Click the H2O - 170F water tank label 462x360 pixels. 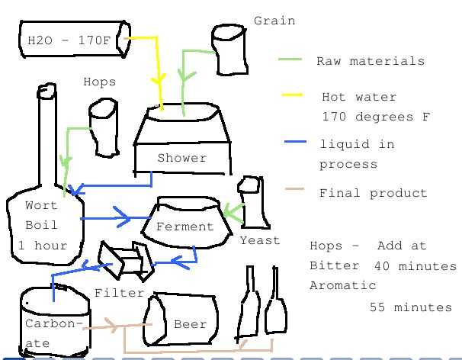pos(69,40)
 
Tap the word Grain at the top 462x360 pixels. pos(274,21)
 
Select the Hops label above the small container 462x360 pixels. pos(100,82)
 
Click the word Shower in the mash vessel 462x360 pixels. pos(181,158)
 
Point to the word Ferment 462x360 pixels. pos(184,227)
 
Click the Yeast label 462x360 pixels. pos(260,240)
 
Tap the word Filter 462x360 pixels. pos(120,292)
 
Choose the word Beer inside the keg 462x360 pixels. pos(191,324)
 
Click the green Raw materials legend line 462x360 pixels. pos(290,59)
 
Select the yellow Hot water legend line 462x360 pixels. pos(292,95)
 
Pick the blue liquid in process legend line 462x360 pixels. pos(295,142)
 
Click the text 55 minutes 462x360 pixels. pos(411,307)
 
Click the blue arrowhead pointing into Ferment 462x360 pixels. pos(124,219)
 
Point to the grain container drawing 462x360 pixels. pos(230,50)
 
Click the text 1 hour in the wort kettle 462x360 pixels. pos(43,246)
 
